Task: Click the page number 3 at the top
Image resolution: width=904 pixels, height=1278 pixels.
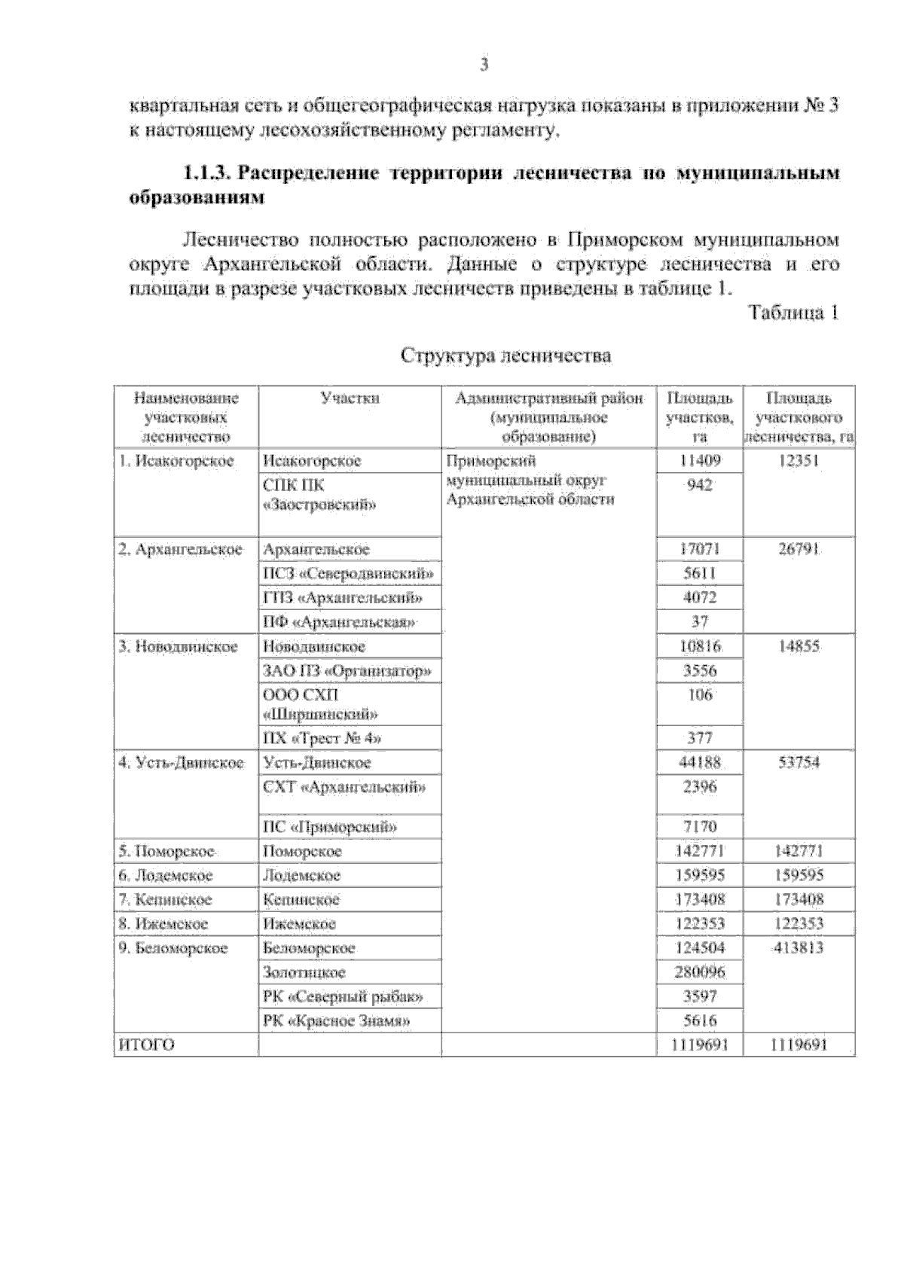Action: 484,65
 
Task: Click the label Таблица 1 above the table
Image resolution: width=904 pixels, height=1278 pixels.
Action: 793,313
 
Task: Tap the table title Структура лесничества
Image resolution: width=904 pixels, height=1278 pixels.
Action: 505,355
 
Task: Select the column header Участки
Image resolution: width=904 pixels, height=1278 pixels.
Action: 350,398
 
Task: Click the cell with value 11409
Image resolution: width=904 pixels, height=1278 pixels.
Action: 700,460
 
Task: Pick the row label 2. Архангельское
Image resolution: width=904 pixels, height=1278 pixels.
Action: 181,549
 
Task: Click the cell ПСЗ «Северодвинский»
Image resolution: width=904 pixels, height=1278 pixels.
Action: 349,574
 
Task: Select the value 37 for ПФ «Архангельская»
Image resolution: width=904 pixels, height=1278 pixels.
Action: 700,622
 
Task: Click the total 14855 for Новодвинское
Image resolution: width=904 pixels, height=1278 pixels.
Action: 799,647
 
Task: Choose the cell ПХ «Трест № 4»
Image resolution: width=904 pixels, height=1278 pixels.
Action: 322,738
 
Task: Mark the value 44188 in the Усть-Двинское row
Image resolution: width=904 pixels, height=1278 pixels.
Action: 700,762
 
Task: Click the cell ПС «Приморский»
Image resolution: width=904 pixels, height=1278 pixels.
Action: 329,827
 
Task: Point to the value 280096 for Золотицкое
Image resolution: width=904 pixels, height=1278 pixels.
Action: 700,972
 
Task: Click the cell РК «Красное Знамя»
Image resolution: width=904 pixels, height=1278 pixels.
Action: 337,1021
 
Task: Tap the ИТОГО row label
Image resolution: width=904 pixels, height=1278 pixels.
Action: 147,1045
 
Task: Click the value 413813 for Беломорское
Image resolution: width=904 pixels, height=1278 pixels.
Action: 799,948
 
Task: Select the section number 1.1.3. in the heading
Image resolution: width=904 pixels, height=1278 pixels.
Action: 208,173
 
